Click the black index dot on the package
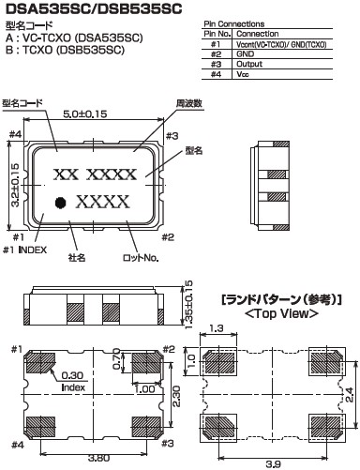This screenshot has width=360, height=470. point(60,203)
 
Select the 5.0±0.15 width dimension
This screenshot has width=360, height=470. point(85,114)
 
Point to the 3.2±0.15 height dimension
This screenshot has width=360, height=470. point(15,185)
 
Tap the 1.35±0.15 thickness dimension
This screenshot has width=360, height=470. point(188,305)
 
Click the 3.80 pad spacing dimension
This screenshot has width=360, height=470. point(98,458)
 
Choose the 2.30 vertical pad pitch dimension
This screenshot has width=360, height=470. point(176,396)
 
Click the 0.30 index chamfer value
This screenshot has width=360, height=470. point(72,375)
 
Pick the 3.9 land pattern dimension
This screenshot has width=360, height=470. point(273,464)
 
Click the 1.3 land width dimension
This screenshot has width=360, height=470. point(217,328)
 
